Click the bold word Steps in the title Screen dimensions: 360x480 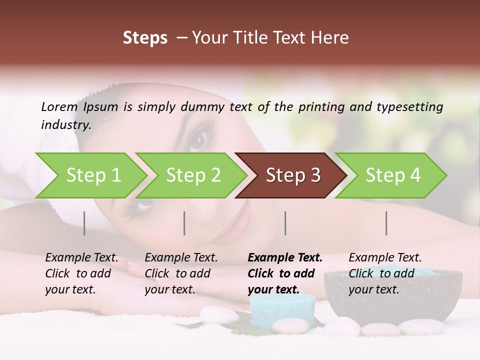[145, 38]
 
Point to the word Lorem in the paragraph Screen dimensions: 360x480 [59, 106]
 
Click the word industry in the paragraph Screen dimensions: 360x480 [65, 125]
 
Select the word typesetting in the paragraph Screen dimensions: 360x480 [413, 106]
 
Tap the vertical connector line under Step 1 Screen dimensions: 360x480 [84, 223]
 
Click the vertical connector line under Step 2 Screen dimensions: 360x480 [184, 223]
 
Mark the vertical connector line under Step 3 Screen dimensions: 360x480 [285, 223]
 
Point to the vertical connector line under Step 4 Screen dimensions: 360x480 [386, 223]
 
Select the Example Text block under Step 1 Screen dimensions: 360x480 [81, 273]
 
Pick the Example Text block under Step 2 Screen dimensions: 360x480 [180, 273]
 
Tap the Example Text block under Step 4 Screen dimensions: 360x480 [384, 273]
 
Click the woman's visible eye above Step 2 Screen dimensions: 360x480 [199, 139]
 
